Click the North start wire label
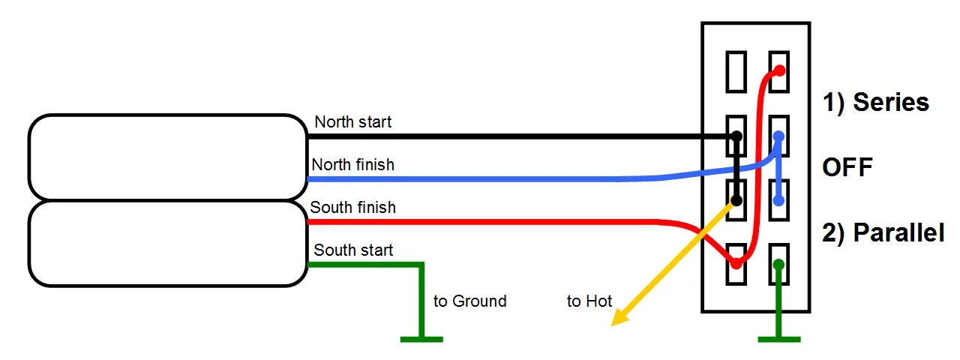coord(352,121)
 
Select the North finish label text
coord(352,164)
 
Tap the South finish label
coord(352,207)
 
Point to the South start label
coord(353,250)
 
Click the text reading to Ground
coord(470,301)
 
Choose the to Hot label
coord(589,301)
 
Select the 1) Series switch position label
coord(876,102)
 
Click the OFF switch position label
coord(847,166)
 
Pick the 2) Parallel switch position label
coord(883,233)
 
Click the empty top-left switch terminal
coord(736,70)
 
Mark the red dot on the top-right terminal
coord(779,70)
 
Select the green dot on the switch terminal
coord(779,264)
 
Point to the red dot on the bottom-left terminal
coord(736,264)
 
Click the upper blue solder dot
coord(779,136)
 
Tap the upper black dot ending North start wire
coord(736,136)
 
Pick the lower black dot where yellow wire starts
coord(736,201)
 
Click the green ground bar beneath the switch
coord(779,340)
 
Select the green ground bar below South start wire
coord(421,340)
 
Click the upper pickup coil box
coord(167,157)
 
